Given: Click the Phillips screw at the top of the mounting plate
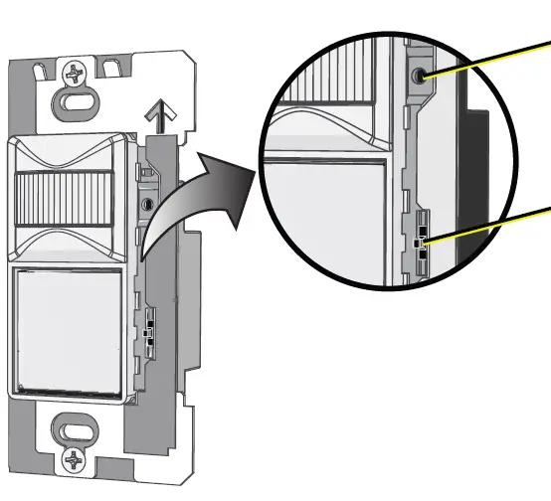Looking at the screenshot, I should pos(76,73).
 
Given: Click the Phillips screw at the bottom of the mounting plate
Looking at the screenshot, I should pos(76,459).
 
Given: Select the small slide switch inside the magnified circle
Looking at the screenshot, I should pos(422,241).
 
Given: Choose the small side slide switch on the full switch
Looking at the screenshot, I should pos(149,329).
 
